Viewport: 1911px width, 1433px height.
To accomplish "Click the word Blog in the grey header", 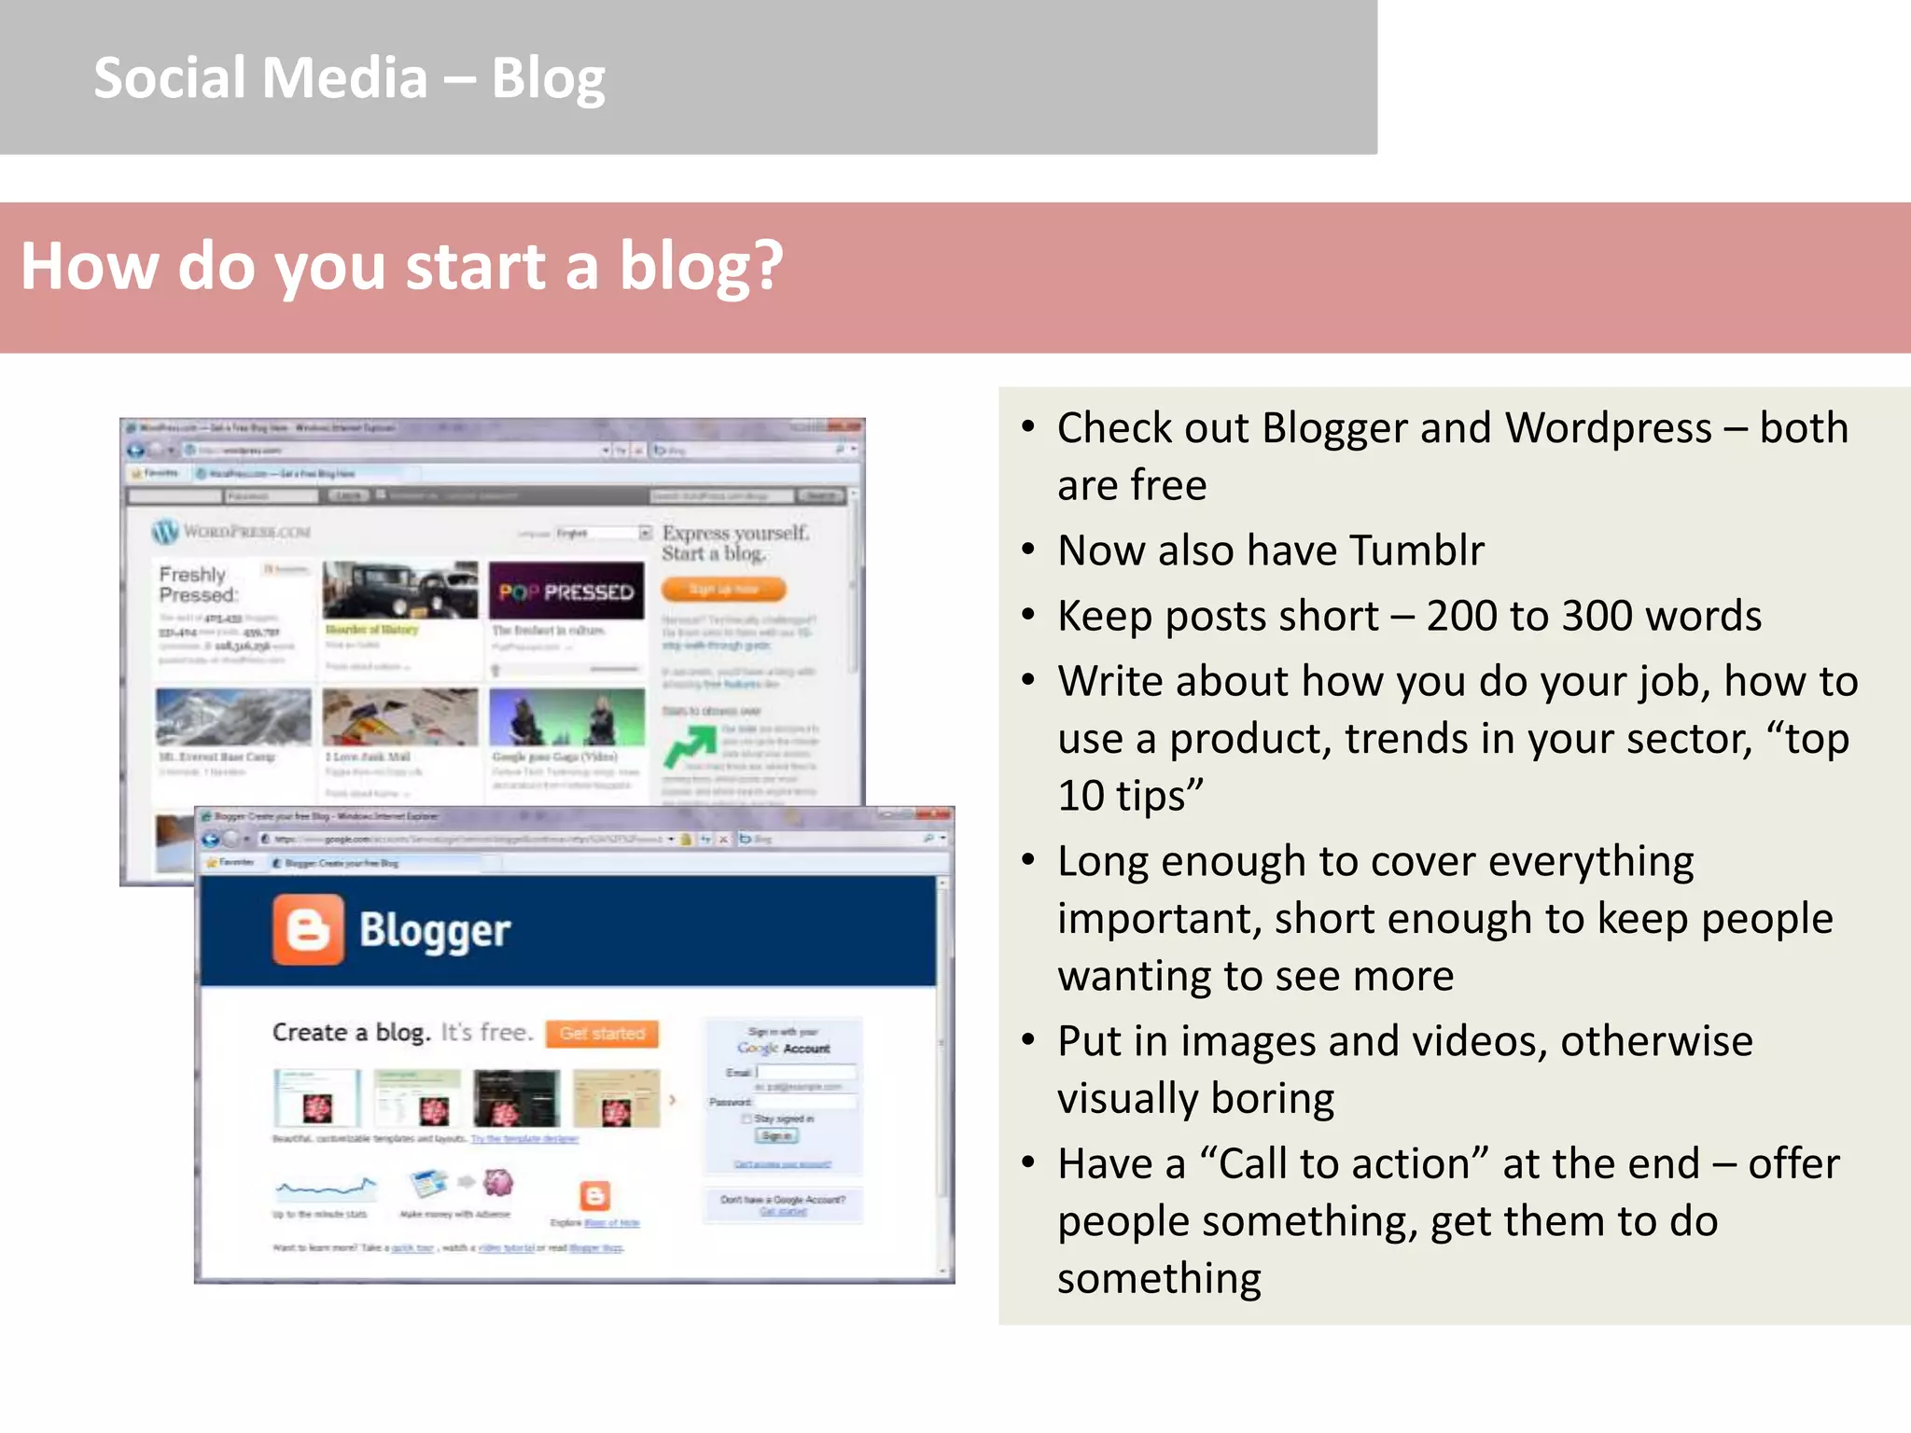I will [548, 78].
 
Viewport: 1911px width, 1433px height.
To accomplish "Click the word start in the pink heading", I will [475, 267].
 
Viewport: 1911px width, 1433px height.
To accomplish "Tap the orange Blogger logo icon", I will [308, 929].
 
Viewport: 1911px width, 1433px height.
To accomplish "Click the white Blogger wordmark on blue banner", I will [435, 931].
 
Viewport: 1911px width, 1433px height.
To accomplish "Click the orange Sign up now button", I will [723, 589].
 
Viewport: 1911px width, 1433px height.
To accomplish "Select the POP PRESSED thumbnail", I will [566, 591].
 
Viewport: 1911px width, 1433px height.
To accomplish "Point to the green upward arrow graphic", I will [689, 745].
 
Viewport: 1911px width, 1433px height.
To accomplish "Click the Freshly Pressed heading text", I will [197, 585].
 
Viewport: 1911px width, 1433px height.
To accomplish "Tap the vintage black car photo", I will [400, 590].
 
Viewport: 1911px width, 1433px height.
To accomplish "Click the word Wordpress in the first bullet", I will [1608, 428].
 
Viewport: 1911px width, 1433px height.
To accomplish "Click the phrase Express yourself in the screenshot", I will [735, 534].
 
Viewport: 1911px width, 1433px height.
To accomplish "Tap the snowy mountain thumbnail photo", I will [233, 716].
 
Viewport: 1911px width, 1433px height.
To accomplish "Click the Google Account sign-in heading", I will [783, 1048].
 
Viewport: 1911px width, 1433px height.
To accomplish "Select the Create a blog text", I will [351, 1033].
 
